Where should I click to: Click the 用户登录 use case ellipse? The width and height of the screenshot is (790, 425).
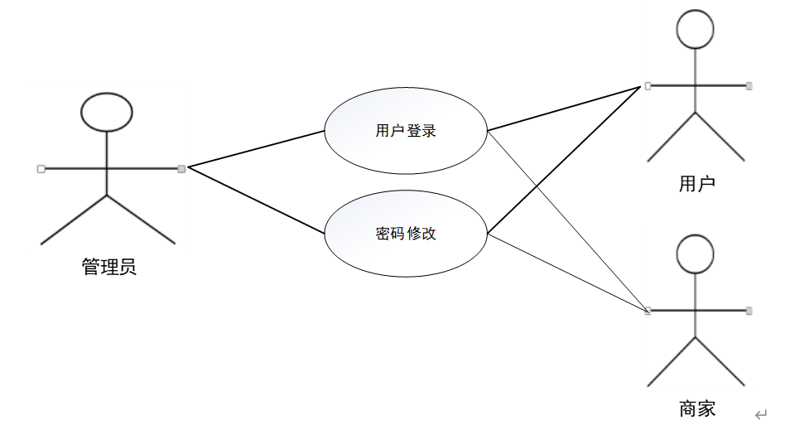pos(405,131)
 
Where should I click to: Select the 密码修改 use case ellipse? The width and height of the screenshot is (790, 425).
pos(405,234)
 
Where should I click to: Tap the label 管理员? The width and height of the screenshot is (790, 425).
pos(109,267)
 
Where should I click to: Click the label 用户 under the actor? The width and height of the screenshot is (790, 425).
pos(696,183)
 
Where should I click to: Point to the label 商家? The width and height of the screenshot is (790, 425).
pos(696,408)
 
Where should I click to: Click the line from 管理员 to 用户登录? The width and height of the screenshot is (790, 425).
pos(257,149)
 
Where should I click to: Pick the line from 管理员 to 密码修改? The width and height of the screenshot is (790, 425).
pos(257,200)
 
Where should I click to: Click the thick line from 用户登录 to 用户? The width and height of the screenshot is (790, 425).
pos(563,109)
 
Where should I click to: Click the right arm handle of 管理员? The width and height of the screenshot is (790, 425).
pos(181,169)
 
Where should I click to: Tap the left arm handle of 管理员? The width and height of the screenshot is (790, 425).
pos(41,169)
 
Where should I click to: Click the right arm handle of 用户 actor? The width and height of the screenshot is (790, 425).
pos(749,85)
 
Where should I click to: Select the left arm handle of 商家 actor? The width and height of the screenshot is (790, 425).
pos(648,311)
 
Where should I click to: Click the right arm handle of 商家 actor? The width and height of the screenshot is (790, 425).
pos(749,311)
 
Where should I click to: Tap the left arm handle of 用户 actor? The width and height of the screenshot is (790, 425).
pos(648,85)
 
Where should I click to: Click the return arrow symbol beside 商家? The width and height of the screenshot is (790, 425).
pos(761,413)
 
